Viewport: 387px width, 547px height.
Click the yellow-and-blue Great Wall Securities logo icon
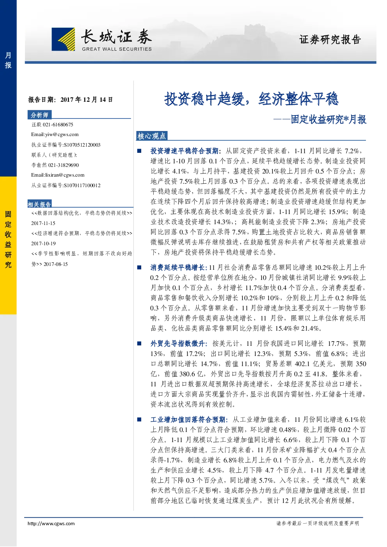pyautogui.click(x=63, y=39)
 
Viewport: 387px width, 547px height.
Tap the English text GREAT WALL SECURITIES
pyautogui.click(x=117, y=49)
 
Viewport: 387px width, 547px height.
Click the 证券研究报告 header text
pyautogui.click(x=330, y=39)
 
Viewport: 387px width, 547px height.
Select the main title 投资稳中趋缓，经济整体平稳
pyautogui.click(x=251, y=99)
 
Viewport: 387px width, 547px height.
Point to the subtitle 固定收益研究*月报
pyautogui.click(x=328, y=120)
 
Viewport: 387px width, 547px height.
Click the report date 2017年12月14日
pyautogui.click(x=87, y=100)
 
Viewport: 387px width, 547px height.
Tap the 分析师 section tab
pyautogui.click(x=39, y=115)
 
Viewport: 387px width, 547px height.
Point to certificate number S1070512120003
pyautogui.click(x=82, y=145)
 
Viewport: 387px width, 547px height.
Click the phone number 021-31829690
pyautogui.click(x=64, y=165)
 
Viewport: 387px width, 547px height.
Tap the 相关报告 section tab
pyautogui.click(x=39, y=204)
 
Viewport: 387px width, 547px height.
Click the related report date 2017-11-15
pyautogui.click(x=43, y=223)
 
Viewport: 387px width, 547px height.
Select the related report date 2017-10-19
pyautogui.click(x=43, y=243)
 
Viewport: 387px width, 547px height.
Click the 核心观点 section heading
pyautogui.click(x=151, y=136)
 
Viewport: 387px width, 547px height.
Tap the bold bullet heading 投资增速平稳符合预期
pyautogui.click(x=184, y=151)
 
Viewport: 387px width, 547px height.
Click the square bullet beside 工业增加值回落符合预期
pyautogui.click(x=139, y=420)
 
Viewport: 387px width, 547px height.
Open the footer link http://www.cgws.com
pyautogui.click(x=51, y=523)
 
